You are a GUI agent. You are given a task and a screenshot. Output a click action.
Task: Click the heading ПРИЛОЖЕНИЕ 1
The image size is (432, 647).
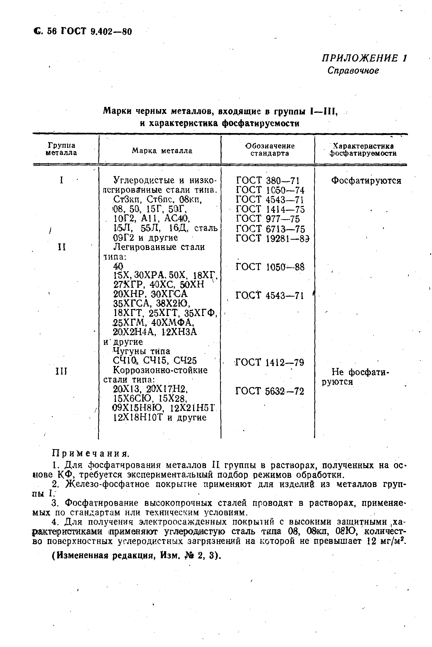pyautogui.click(x=364, y=58)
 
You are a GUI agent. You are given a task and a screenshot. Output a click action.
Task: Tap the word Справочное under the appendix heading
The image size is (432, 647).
pyautogui.click(x=353, y=71)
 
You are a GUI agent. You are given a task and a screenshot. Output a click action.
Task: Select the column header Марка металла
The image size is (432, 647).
pyautogui.click(x=162, y=151)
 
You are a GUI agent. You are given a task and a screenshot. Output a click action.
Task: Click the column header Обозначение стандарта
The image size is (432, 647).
pyautogui.click(x=270, y=150)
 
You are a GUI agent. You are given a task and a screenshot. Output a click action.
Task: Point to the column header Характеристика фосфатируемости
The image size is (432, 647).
pyautogui.click(x=363, y=150)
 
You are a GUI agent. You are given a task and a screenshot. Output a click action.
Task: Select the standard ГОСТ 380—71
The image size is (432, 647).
pyautogui.click(x=268, y=181)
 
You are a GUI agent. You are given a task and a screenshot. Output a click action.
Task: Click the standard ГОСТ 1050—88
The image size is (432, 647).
pyautogui.click(x=270, y=267)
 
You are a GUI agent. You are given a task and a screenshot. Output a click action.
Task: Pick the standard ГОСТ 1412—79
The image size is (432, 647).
pyautogui.click(x=269, y=363)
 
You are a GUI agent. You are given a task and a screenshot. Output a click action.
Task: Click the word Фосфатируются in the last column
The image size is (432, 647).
pyautogui.click(x=366, y=181)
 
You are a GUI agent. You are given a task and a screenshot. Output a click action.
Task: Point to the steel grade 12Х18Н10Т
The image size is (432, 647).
pyautogui.click(x=139, y=418)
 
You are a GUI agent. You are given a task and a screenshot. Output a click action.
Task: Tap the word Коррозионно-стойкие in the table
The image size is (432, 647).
pyautogui.click(x=160, y=370)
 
